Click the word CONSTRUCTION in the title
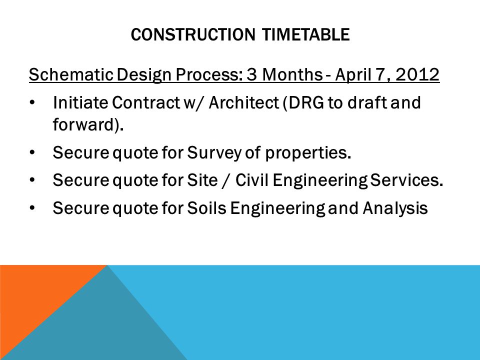(x=193, y=34)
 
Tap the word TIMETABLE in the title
(x=306, y=34)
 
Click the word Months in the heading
(x=292, y=74)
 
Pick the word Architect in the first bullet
(x=243, y=102)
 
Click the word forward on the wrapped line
(x=85, y=124)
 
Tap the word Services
(x=406, y=180)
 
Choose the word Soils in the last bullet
(x=206, y=208)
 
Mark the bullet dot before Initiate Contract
(x=32, y=103)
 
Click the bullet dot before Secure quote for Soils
(x=32, y=208)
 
